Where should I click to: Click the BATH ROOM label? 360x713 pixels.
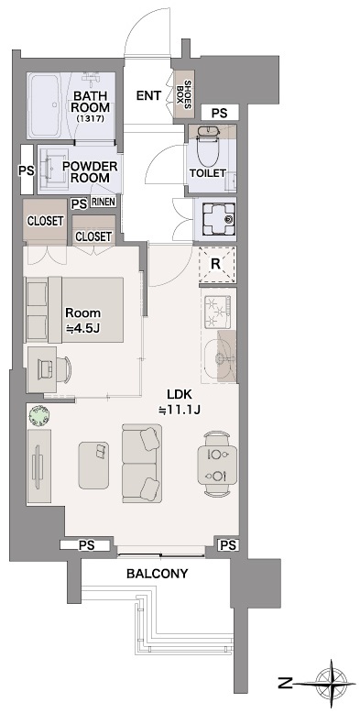point(92,102)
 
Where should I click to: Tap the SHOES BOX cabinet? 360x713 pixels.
point(184,93)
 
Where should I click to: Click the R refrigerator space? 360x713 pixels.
point(217,264)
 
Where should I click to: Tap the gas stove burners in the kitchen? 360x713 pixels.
point(218,312)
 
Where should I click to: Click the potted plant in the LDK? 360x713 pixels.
point(38,416)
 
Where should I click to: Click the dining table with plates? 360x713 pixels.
point(217,465)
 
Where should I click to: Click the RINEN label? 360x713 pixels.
point(104,202)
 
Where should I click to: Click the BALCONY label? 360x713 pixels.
point(157,574)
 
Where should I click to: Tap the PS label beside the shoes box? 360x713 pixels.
point(219,113)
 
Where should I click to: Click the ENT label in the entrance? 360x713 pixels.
point(149,96)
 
